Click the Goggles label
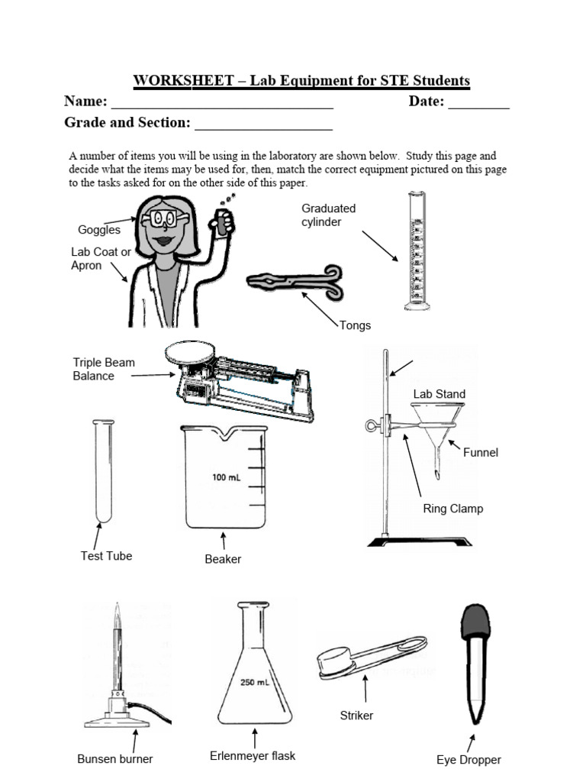click(99, 230)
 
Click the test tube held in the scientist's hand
click(222, 220)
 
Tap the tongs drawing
click(295, 282)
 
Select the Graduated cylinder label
click(329, 215)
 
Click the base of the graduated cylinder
click(417, 305)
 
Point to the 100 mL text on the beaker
click(227, 478)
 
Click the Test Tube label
click(106, 556)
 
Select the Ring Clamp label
click(452, 509)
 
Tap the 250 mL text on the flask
click(253, 683)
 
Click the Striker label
click(356, 716)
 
